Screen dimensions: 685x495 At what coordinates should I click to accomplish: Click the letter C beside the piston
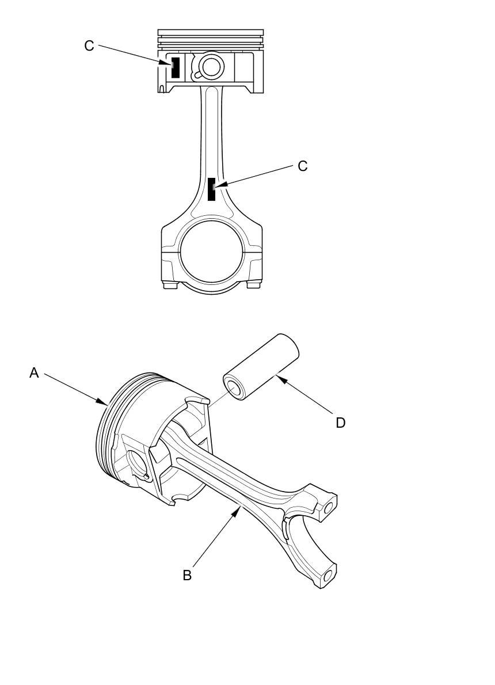tap(89, 45)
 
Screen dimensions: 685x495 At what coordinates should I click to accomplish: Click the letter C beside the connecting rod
tap(303, 166)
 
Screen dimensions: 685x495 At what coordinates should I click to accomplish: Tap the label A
tap(34, 373)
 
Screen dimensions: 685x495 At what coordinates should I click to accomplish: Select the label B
tap(187, 575)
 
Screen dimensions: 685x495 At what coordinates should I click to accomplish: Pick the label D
tap(341, 423)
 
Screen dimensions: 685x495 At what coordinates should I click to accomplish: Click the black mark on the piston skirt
tap(176, 67)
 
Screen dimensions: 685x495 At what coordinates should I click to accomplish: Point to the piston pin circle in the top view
tap(211, 67)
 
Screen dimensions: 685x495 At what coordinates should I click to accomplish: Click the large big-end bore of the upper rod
tap(211, 252)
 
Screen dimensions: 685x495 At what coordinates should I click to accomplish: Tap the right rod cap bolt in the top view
tap(254, 285)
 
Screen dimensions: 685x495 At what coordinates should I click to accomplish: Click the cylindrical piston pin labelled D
tap(262, 367)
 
